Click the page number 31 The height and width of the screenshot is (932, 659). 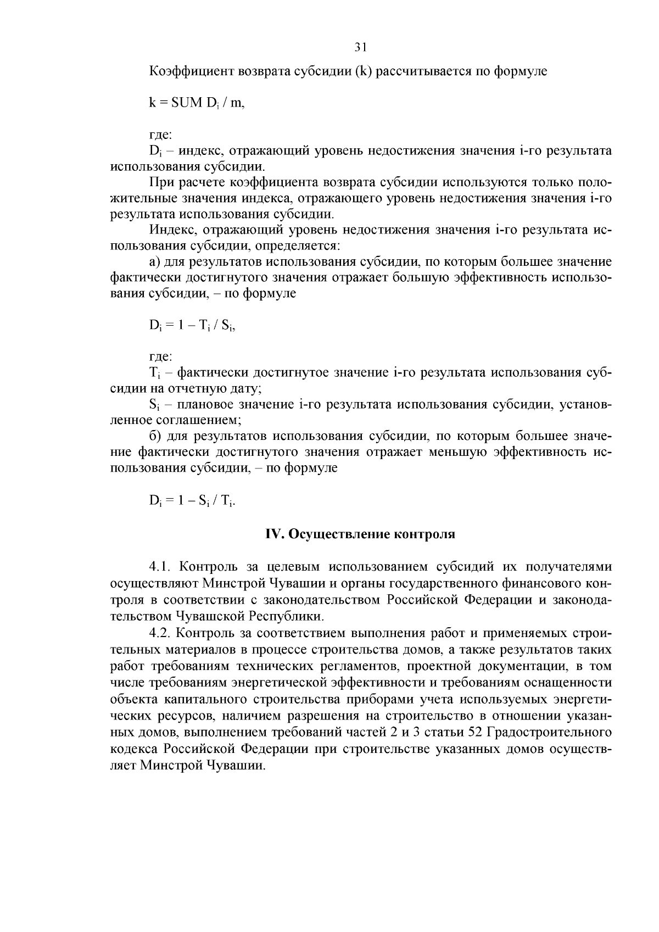click(360, 48)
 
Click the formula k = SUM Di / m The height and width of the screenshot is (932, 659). click(197, 103)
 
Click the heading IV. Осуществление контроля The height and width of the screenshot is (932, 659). click(360, 534)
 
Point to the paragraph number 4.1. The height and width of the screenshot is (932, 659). click(160, 567)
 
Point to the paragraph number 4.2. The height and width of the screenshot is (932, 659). click(160, 633)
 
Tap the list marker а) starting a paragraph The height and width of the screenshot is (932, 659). click(154, 262)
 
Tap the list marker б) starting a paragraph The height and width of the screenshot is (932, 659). click(154, 437)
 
